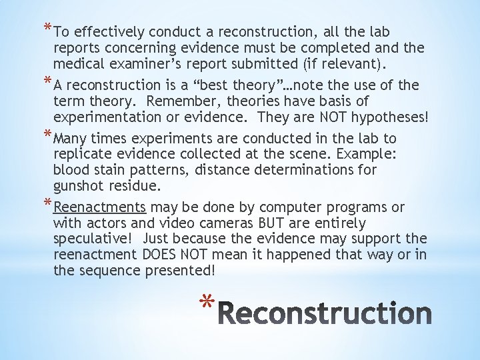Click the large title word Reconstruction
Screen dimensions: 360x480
(325, 313)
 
